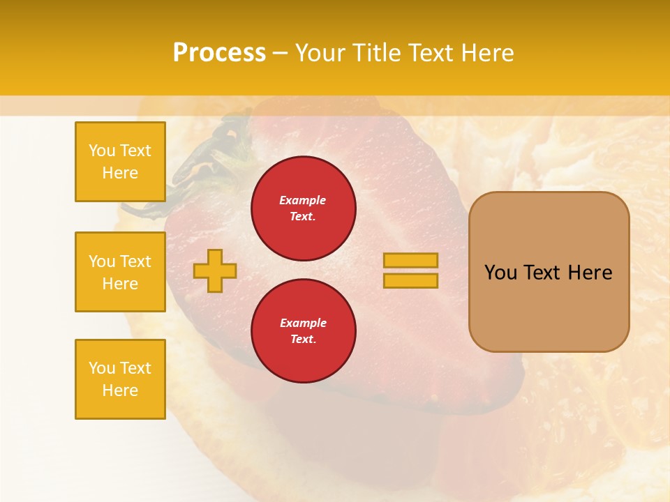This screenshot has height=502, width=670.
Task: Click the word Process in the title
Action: tap(219, 53)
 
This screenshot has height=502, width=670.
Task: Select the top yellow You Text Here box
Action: tap(120, 162)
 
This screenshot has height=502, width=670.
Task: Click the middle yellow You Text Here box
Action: tap(120, 272)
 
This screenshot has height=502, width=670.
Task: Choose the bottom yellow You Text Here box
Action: tap(120, 379)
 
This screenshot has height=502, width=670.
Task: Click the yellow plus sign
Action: tap(215, 271)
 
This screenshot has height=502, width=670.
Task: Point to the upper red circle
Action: tap(304, 208)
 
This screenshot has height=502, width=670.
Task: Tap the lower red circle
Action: tap(304, 330)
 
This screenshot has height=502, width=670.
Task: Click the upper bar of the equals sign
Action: tap(410, 260)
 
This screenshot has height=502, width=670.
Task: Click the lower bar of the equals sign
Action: tap(410, 280)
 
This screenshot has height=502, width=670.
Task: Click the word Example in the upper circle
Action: tap(303, 200)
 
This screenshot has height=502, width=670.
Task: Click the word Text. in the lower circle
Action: tap(303, 339)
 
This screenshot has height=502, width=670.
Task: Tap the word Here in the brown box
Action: tap(590, 273)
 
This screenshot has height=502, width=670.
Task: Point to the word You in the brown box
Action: tap(500, 273)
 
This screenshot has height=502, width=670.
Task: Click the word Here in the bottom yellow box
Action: tap(120, 390)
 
